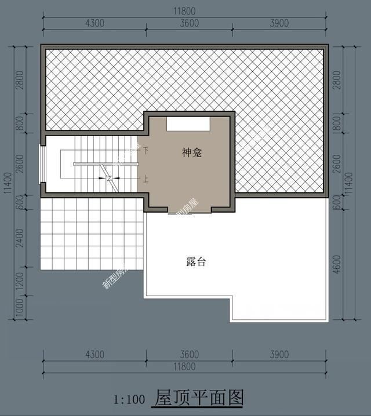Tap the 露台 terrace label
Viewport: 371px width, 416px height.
(x=196, y=262)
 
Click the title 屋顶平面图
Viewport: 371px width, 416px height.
(x=198, y=398)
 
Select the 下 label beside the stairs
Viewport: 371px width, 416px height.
(x=146, y=150)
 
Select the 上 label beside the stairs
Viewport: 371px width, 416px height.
(x=146, y=178)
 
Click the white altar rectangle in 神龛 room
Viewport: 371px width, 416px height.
(x=188, y=124)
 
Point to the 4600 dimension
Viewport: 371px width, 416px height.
(x=337, y=260)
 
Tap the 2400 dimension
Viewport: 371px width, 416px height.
(x=19, y=238)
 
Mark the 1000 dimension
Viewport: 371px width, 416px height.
(x=19, y=307)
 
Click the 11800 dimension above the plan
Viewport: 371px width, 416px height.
(x=184, y=10)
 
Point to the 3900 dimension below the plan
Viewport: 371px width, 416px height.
(x=279, y=354)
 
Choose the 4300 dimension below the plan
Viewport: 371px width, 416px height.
(x=94, y=354)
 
